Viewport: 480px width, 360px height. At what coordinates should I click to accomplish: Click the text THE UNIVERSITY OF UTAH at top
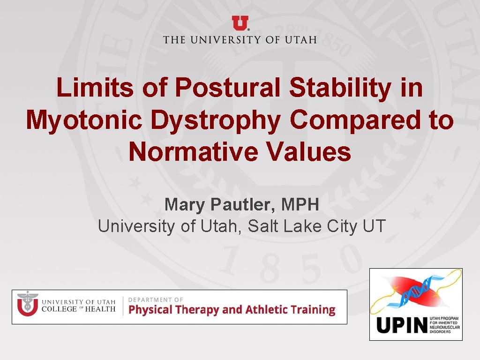click(240, 39)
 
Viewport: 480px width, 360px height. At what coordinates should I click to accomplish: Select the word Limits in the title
click(86, 88)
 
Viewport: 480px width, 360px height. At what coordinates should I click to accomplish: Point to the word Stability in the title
click(339, 88)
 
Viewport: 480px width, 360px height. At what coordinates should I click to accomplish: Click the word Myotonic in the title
click(84, 120)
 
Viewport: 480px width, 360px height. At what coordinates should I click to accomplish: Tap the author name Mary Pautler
click(219, 204)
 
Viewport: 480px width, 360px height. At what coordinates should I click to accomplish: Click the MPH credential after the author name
click(300, 204)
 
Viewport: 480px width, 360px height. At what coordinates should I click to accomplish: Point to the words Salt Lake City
click(303, 226)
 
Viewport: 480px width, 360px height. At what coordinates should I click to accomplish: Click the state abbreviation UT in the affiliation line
click(374, 226)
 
